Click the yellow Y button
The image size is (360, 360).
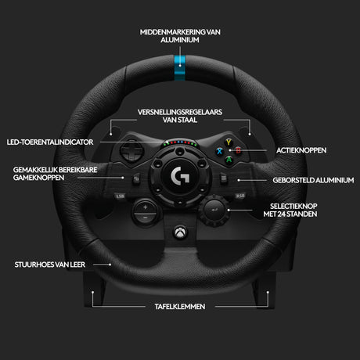coord(229,142)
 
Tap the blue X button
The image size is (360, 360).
coord(220,151)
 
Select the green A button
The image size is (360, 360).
coord(229,160)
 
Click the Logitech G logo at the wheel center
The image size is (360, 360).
coord(180,176)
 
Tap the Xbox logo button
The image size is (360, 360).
coord(181,232)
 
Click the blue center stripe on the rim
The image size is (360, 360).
coord(180,68)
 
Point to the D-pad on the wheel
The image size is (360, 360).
coord(131,151)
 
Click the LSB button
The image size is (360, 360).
coord(120,196)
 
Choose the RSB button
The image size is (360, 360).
coord(240,196)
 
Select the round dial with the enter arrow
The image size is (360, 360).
coord(214,210)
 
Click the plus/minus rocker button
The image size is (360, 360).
coord(146,212)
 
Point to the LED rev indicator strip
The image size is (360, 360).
coord(180,143)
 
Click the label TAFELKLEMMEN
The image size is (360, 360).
coord(180,307)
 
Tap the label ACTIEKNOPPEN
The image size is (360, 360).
coord(301,150)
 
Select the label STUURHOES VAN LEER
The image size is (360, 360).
coord(50,265)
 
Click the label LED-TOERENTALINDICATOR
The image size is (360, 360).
coord(50,142)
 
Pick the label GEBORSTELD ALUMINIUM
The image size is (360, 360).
coord(313,180)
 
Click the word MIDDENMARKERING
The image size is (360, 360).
coord(173,32)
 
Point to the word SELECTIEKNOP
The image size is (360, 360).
coord(293,207)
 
